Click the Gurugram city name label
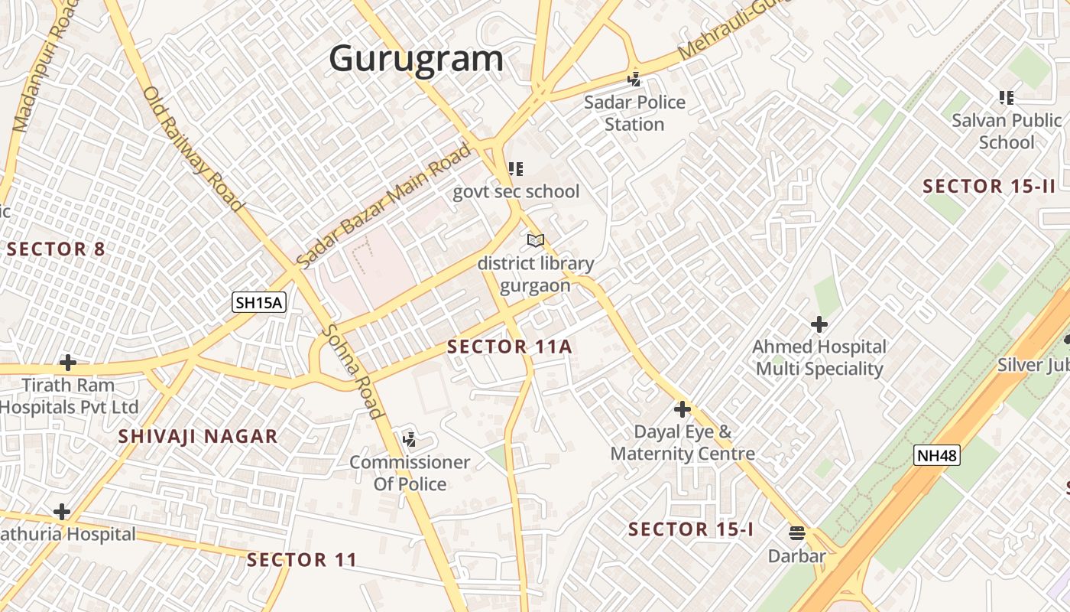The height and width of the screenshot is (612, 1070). pyautogui.click(x=417, y=59)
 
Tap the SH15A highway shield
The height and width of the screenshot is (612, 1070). pyautogui.click(x=259, y=302)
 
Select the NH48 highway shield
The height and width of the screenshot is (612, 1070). pyautogui.click(x=936, y=456)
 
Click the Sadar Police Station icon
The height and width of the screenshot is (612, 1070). pyautogui.click(x=634, y=78)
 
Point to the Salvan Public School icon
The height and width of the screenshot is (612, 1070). pyautogui.click(x=1007, y=97)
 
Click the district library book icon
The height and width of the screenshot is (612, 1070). pyautogui.click(x=536, y=241)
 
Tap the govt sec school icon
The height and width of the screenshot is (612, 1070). pyautogui.click(x=516, y=168)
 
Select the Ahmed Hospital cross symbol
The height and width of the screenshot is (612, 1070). pyautogui.click(x=819, y=324)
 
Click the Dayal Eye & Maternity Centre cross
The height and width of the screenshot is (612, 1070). pyautogui.click(x=683, y=409)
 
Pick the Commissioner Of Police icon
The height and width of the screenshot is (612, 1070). pyautogui.click(x=410, y=439)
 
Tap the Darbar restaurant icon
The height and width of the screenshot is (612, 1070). pyautogui.click(x=797, y=532)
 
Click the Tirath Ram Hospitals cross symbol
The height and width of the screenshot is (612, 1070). pyautogui.click(x=68, y=362)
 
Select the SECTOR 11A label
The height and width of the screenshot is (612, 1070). pyautogui.click(x=509, y=347)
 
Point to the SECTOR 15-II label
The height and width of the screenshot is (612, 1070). pyautogui.click(x=989, y=186)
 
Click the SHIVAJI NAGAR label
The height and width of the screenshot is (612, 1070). pyautogui.click(x=198, y=437)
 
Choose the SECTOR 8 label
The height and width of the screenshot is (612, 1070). pyautogui.click(x=57, y=249)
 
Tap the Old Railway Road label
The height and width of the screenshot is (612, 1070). pyautogui.click(x=193, y=148)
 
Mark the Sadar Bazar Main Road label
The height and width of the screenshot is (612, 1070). pyautogui.click(x=384, y=205)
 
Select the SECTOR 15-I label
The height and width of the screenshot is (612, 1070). pyautogui.click(x=691, y=529)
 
